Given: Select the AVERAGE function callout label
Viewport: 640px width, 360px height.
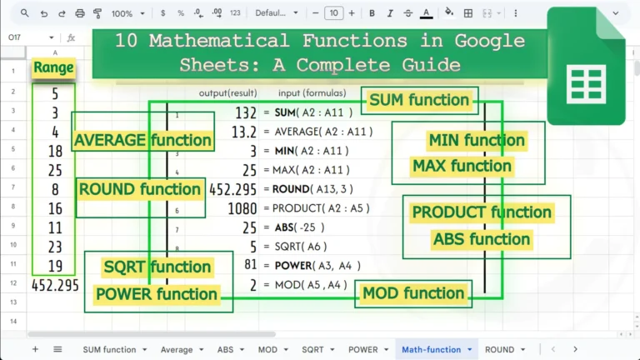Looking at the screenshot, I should [142, 140].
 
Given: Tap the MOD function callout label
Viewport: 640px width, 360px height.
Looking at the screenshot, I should [412, 293].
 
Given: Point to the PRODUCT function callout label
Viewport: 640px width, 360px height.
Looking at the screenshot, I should [482, 212].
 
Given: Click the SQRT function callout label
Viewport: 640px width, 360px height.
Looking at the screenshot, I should [157, 267].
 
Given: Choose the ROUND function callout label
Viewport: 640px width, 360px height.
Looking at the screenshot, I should [140, 189].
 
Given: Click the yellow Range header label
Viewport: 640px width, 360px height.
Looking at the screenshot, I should [53, 67].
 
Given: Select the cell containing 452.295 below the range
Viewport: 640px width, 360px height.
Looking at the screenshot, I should [55, 285].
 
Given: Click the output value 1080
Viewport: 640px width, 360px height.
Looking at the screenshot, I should [242, 208].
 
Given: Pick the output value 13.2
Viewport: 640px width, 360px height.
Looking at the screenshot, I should [242, 132].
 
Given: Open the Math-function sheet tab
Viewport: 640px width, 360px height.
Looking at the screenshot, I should [432, 350].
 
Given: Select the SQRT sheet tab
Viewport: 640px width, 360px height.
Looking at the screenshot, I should [312, 350].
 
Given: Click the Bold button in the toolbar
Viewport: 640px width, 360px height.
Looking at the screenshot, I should [371, 13].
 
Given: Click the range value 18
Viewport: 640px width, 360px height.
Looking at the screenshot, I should [55, 151].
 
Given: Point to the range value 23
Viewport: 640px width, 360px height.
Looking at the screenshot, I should [55, 247].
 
